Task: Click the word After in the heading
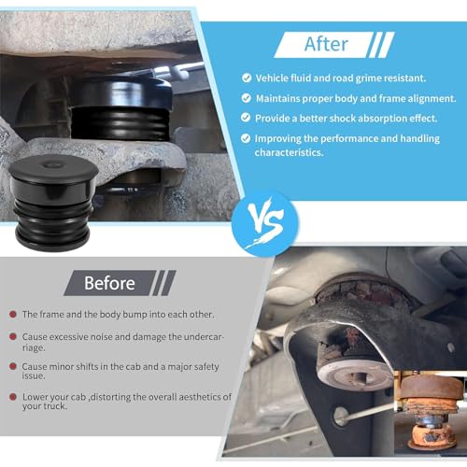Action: (x=326, y=44)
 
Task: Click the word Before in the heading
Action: (x=109, y=283)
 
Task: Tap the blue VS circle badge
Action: (x=264, y=224)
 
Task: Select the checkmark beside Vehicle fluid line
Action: (x=247, y=78)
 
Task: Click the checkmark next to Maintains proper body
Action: (x=247, y=98)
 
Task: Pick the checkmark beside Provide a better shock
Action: (x=246, y=118)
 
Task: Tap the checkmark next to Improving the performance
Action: (x=246, y=138)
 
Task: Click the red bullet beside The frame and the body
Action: (x=13, y=314)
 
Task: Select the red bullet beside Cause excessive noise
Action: (x=13, y=336)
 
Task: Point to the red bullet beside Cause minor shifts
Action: (x=13, y=366)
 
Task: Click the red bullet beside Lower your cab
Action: (x=13, y=397)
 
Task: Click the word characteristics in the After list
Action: (x=289, y=152)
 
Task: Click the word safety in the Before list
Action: (x=205, y=367)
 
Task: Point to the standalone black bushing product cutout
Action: (x=53, y=203)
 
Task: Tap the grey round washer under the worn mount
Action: (x=355, y=375)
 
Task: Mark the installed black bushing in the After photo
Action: (x=120, y=109)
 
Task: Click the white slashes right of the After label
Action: (x=381, y=45)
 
